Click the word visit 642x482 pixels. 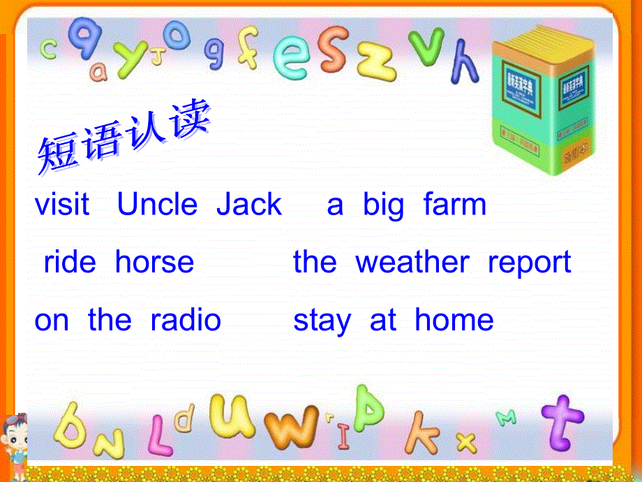coord(62,205)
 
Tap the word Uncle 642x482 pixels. coord(158,205)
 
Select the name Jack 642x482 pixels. coord(249,205)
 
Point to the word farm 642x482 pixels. coord(454,205)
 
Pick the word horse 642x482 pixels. coord(154,263)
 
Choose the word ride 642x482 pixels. coord(70,263)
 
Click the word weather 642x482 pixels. coord(412,263)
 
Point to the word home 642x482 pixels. coord(454,321)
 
